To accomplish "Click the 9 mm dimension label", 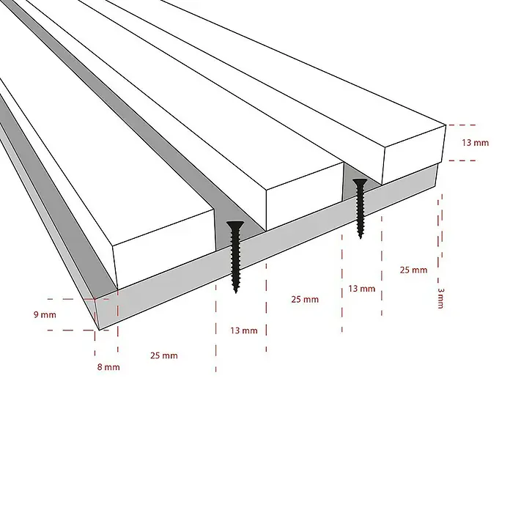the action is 45,314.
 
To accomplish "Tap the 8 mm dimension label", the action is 108,367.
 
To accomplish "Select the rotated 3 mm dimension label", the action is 440,298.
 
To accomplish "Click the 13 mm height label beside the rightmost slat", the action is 476,142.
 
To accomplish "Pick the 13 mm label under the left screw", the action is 244,330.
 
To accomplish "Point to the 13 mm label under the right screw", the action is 362,289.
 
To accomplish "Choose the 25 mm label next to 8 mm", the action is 164,355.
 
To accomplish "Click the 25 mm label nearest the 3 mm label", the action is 413,270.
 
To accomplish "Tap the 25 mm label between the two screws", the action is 305,299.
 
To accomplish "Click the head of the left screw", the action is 235,223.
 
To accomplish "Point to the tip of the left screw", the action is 236,292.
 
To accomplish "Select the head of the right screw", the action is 360,181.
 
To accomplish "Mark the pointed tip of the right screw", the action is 361,237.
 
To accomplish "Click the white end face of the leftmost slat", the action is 164,249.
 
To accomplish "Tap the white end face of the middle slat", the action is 305,196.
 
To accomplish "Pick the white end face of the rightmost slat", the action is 413,155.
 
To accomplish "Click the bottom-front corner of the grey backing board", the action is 99,330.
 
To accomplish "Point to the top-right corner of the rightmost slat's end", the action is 446,125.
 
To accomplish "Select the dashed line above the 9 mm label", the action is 78,299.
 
